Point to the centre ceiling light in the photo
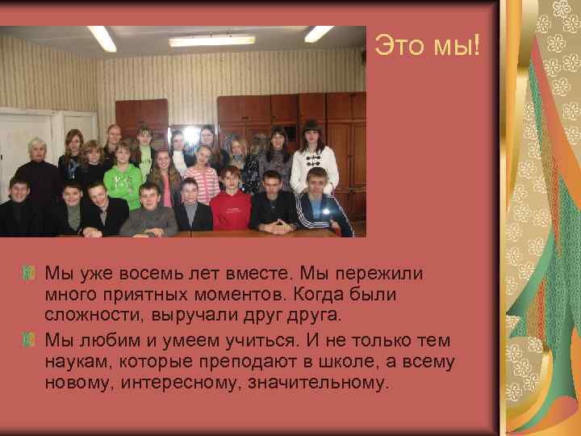click(211, 40)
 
